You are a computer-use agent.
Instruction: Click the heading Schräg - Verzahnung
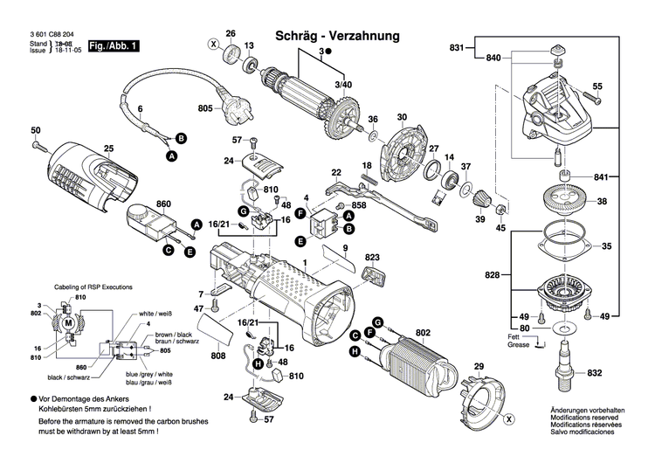point(337,36)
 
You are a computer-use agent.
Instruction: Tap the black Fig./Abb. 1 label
point(114,45)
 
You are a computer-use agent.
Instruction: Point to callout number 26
point(231,34)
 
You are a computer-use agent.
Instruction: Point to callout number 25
point(109,149)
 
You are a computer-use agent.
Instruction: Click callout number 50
point(36,131)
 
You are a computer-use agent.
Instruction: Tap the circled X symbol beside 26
point(213,43)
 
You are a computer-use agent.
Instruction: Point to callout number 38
point(602,202)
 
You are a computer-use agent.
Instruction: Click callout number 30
point(402,117)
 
